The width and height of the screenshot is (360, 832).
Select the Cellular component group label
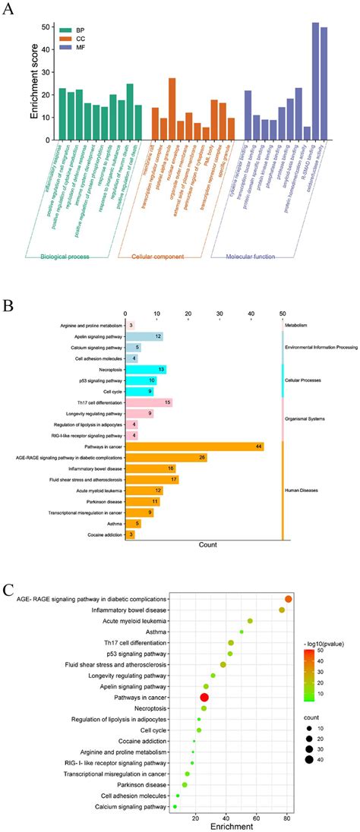tap(158, 257)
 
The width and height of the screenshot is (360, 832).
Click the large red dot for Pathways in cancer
tap(204, 697)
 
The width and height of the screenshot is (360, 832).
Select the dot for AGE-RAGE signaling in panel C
tap(289, 599)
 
